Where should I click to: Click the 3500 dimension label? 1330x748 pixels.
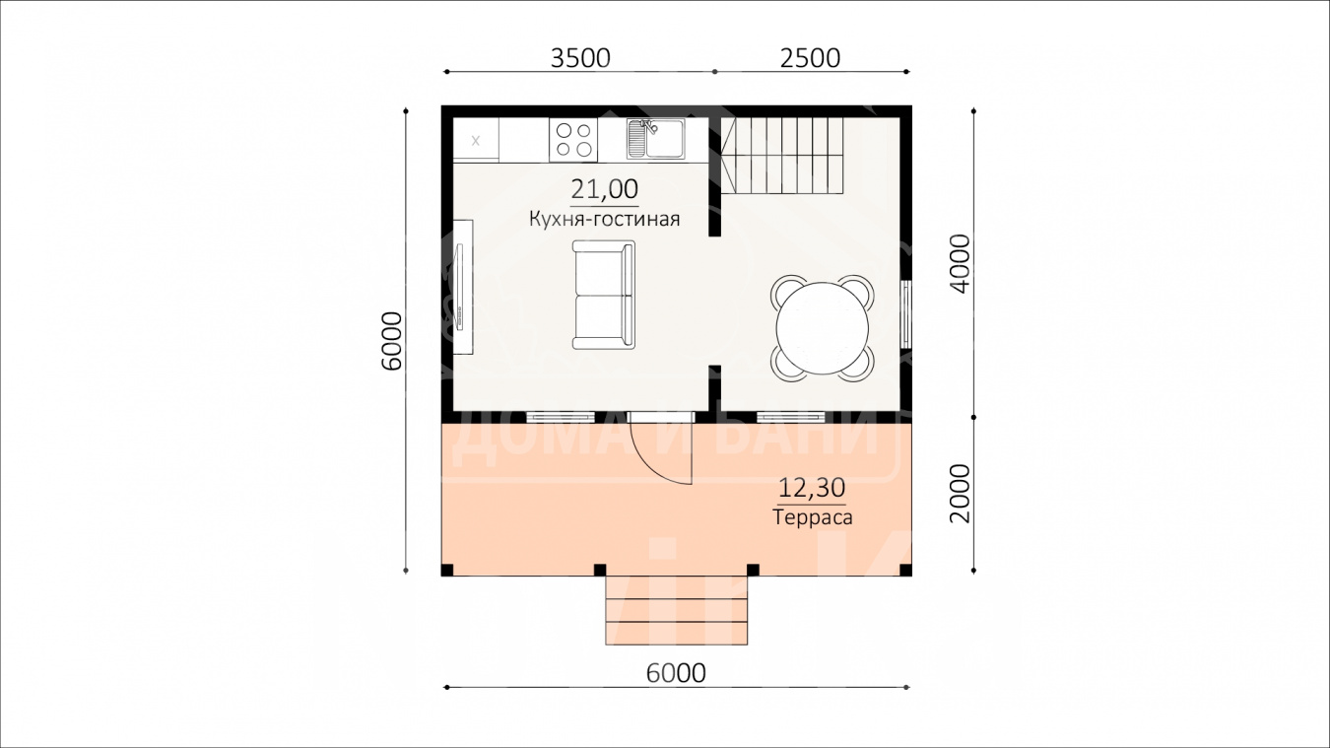580,58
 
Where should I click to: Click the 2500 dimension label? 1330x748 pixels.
810,58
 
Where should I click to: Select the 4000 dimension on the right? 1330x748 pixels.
960,263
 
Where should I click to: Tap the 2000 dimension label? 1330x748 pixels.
960,493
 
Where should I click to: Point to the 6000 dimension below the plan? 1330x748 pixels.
676,673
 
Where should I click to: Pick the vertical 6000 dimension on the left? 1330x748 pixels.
392,341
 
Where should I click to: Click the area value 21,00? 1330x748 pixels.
605,189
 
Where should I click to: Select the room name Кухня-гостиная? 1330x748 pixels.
605,219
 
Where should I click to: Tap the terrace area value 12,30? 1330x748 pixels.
812,488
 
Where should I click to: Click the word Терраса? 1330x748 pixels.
812,516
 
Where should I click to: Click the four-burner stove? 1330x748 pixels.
573,140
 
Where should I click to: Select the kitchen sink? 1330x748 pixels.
655,138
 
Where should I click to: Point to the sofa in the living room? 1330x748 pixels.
603,295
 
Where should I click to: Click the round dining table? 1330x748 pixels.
823,328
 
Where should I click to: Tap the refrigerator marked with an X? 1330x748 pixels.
476,140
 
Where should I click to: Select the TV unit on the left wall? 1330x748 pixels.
463,287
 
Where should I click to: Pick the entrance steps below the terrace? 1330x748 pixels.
676,610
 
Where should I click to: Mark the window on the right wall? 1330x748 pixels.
906,313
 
